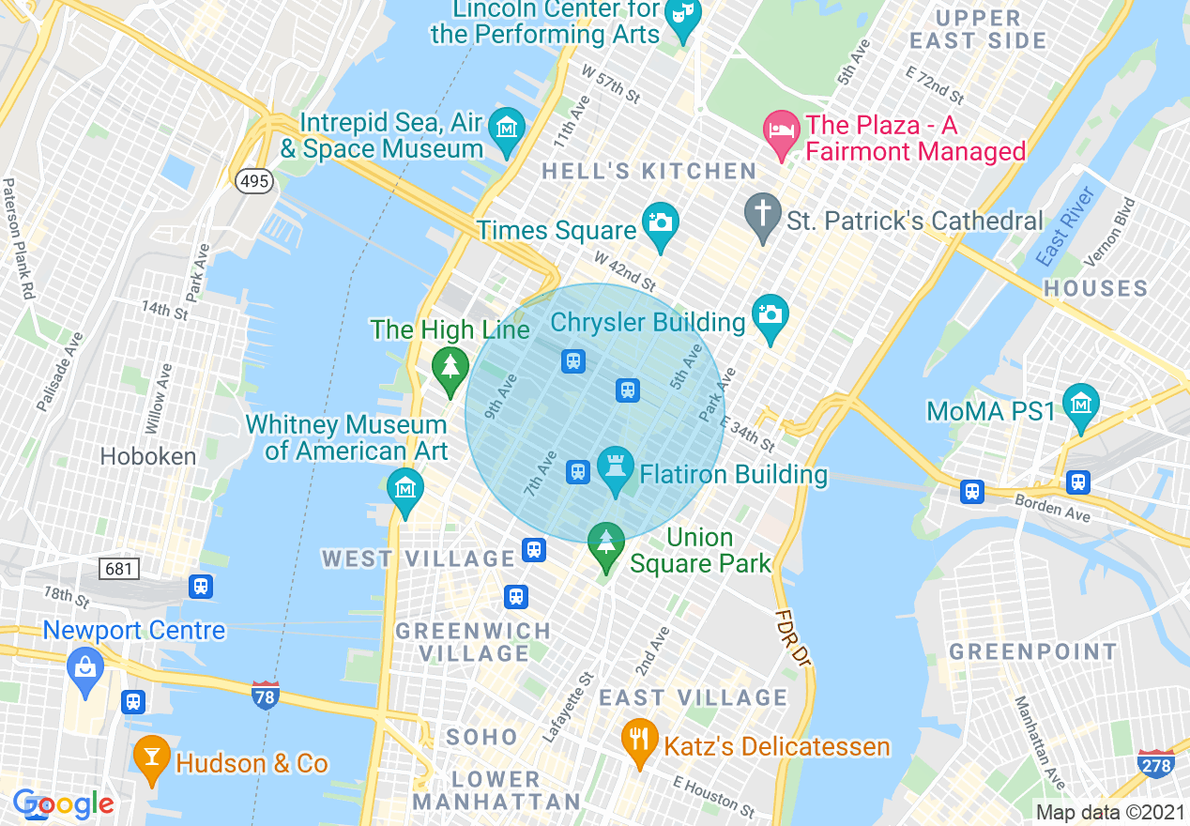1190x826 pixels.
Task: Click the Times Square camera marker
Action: [661, 223]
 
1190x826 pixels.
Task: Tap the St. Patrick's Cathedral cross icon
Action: [762, 213]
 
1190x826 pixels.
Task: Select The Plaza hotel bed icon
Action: [780, 127]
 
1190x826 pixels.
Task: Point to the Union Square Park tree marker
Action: [606, 543]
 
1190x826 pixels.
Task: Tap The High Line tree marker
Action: [450, 367]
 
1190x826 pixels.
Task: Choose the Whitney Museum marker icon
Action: [405, 489]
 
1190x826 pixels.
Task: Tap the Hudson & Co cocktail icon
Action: [151, 756]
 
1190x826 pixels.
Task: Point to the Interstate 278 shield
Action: [1156, 764]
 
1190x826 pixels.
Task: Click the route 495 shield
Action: [254, 181]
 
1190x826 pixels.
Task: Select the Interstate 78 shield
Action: [267, 696]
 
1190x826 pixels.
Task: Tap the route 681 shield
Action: [120, 569]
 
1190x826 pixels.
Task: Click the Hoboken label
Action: [148, 457]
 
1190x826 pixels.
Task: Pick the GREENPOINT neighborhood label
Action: [1033, 651]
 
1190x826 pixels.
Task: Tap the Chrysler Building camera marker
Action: [770, 315]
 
